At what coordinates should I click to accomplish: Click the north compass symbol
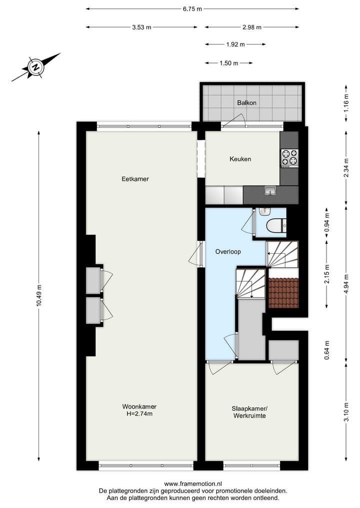(x=35, y=66)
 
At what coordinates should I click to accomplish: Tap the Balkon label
(x=246, y=103)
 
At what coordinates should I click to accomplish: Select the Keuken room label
(x=240, y=159)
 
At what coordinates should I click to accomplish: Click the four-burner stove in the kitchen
(x=289, y=157)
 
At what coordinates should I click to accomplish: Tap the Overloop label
(x=228, y=252)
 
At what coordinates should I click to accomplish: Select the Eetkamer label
(x=135, y=179)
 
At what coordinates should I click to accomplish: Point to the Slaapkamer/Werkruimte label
(x=248, y=412)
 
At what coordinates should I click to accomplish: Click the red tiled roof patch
(x=283, y=293)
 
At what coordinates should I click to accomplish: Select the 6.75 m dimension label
(x=192, y=8)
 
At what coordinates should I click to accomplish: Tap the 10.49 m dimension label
(x=39, y=297)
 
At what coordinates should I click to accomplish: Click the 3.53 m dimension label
(x=141, y=27)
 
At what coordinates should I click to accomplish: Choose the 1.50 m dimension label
(x=228, y=63)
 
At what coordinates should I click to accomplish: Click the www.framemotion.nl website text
(x=193, y=484)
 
